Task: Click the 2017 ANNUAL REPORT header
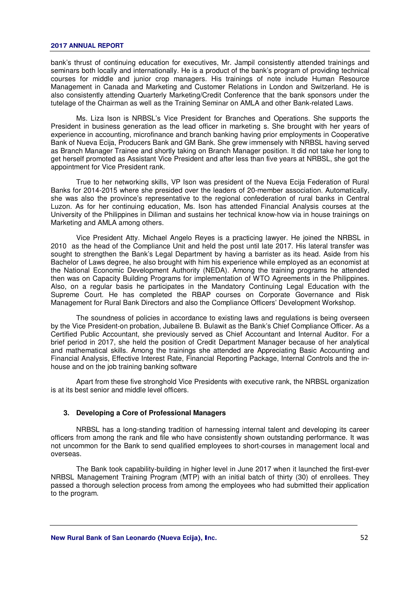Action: click(87, 46)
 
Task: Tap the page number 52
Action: click(364, 538)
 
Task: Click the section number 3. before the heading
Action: click(66, 413)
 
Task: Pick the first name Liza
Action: click(98, 119)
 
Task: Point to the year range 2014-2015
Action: click(100, 190)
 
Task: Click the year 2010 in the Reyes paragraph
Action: click(58, 246)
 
